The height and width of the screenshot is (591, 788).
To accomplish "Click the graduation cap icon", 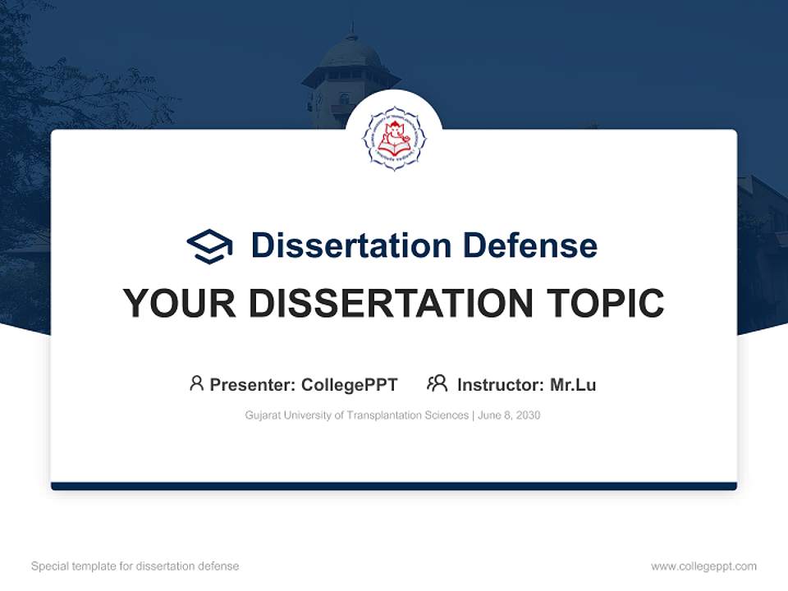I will pyautogui.click(x=209, y=245).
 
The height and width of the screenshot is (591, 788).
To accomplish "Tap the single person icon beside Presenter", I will pyautogui.click(x=196, y=383).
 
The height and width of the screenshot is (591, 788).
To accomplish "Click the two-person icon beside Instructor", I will pyautogui.click(x=438, y=383).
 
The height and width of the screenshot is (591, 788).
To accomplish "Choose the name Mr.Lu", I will pyautogui.click(x=573, y=385).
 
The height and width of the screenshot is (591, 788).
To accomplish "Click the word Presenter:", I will pyautogui.click(x=253, y=385).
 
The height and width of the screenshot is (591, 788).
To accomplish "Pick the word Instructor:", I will pyautogui.click(x=501, y=385).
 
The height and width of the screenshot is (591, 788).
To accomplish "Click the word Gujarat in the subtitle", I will pyautogui.click(x=263, y=415).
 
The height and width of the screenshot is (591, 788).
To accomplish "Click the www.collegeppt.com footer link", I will pyautogui.click(x=703, y=566).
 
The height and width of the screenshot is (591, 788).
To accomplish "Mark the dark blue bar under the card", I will pyautogui.click(x=394, y=486).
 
